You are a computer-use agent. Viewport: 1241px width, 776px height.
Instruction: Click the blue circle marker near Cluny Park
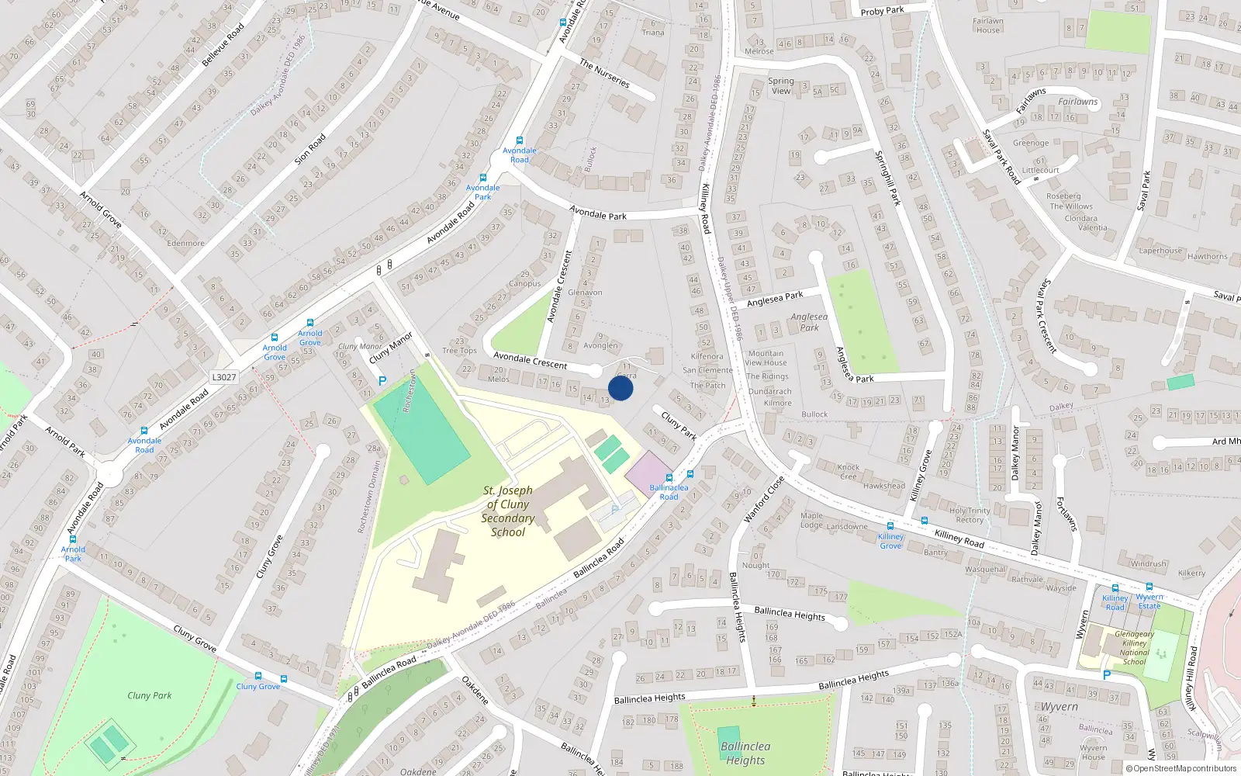point(620,388)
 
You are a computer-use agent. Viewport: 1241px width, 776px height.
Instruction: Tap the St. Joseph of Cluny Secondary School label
point(508,511)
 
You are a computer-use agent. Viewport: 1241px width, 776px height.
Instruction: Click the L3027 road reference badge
point(223,377)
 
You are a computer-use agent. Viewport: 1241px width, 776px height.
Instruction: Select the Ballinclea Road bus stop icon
point(669,478)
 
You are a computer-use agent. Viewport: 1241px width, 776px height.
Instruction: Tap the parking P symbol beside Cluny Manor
point(382,381)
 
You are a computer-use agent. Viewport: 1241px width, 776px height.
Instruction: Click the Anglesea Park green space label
point(809,322)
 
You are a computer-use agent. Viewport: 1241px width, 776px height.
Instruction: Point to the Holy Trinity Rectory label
point(970,515)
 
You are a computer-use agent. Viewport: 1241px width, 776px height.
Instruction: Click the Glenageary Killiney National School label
point(1134,648)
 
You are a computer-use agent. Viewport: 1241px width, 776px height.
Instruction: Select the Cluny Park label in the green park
point(150,695)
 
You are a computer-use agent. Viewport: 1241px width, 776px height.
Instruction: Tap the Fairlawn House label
point(988,26)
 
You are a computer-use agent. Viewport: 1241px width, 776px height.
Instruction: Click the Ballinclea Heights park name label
point(745,753)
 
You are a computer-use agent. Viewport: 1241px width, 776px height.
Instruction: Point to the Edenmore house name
point(186,243)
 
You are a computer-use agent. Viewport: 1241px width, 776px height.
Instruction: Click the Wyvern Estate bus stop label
point(1149,601)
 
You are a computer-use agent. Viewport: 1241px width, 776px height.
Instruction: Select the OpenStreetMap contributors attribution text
point(1181,768)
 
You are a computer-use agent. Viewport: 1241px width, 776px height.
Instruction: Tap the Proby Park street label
point(882,11)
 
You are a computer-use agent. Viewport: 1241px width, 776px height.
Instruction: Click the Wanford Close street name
point(764,499)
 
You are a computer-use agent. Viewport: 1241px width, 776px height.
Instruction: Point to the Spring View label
point(781,85)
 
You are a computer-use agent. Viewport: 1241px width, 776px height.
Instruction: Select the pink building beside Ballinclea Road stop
point(648,473)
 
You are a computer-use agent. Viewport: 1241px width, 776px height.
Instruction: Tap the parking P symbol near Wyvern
point(1106,675)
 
